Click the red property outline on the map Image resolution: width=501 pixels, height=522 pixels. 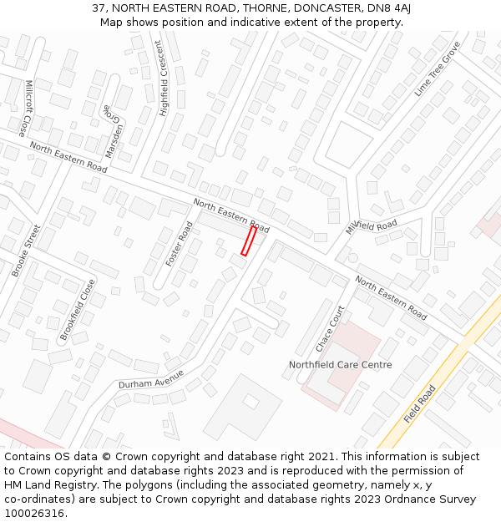click(x=248, y=241)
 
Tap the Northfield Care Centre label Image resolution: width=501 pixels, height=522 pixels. click(x=340, y=365)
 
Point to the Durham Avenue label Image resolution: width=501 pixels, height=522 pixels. click(x=150, y=378)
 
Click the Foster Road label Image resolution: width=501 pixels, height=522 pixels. click(x=180, y=244)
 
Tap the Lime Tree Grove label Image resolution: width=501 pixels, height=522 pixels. click(x=438, y=68)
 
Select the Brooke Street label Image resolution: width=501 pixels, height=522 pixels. click(x=26, y=251)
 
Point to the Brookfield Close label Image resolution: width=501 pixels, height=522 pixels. click(x=78, y=309)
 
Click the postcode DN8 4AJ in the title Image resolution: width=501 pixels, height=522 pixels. click(x=391, y=8)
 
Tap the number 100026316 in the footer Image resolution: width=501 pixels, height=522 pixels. click(x=34, y=513)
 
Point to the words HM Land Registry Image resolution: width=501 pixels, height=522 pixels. click(x=43, y=485)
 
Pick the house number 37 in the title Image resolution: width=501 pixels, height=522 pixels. click(x=99, y=8)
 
